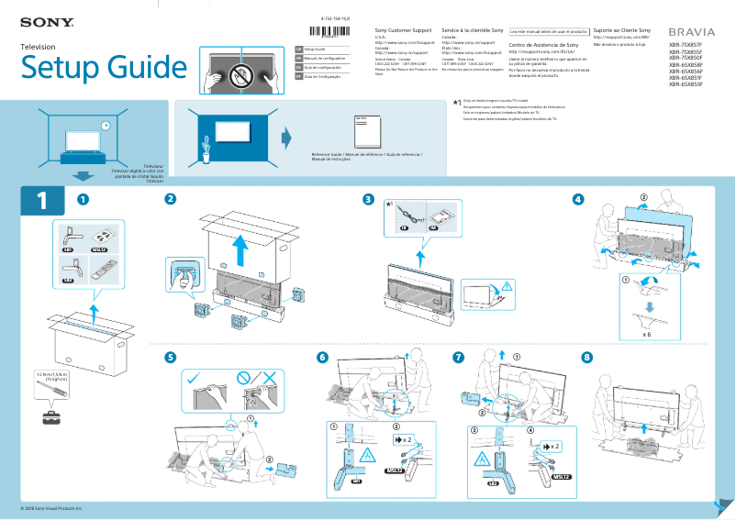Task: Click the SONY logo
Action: (40, 20)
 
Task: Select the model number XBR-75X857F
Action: (685, 44)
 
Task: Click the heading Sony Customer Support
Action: (404, 31)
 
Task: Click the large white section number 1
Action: (41, 203)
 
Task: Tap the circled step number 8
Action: (587, 357)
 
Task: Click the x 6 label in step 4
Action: (648, 336)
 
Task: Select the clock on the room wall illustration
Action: (106, 126)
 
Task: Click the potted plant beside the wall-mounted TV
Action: (207, 146)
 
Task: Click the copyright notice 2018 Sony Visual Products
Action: (51, 507)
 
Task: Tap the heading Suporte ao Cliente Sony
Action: (628, 31)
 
